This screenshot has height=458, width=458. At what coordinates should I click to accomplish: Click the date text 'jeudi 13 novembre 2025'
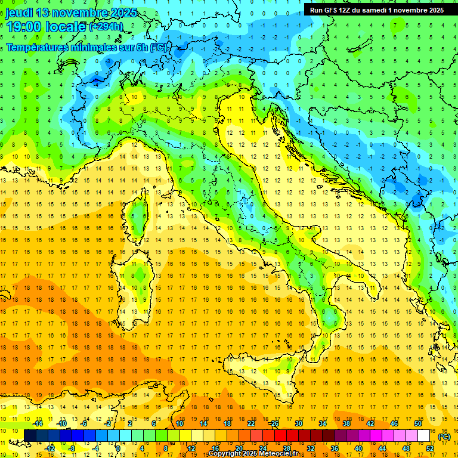71,13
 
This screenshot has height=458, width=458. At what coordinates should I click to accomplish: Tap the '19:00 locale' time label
46,27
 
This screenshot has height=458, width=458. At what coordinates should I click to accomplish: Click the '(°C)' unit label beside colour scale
444,437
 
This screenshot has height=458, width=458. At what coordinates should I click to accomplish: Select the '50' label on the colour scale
417,423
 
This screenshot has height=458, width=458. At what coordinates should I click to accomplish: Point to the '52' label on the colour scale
430,448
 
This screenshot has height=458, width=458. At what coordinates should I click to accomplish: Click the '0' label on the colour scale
118,448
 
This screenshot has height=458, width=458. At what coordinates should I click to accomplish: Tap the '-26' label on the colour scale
274,423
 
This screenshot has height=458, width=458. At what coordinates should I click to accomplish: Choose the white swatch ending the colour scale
424,436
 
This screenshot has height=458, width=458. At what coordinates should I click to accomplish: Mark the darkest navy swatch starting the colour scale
30,436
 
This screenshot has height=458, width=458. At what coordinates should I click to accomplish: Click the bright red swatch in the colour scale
280,436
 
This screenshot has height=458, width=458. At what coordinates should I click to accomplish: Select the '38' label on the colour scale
346,423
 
